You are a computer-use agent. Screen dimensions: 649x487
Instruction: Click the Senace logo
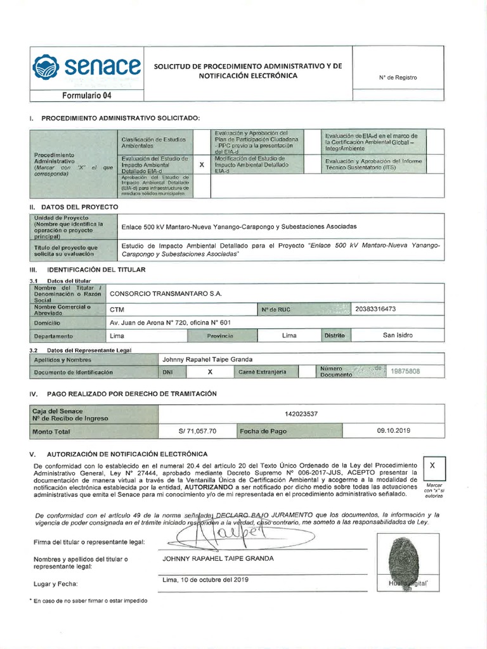pyautogui.click(x=87, y=66)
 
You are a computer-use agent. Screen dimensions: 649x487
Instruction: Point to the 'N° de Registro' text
pyautogui.click(x=398, y=77)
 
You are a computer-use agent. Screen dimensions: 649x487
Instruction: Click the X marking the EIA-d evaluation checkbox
pyautogui.click(x=202, y=164)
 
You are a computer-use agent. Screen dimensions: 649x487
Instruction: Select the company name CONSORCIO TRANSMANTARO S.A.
pyautogui.click(x=166, y=293)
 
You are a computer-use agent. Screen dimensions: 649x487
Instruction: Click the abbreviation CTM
pyautogui.click(x=117, y=310)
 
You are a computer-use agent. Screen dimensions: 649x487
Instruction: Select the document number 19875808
pyautogui.click(x=405, y=371)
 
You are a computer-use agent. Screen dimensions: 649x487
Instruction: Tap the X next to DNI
pyautogui.click(x=210, y=372)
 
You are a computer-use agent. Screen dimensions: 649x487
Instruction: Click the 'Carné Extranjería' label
pyautogui.click(x=263, y=372)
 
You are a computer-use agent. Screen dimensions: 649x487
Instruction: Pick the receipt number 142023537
pyautogui.click(x=302, y=414)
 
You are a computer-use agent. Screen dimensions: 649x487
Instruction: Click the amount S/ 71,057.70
pyautogui.click(x=198, y=431)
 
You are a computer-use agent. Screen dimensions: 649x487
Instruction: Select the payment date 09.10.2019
pyautogui.click(x=394, y=430)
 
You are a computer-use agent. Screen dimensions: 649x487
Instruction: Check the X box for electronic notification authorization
pyautogui.click(x=432, y=466)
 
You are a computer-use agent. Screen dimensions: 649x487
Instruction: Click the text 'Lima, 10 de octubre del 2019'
pyautogui.click(x=205, y=579)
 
